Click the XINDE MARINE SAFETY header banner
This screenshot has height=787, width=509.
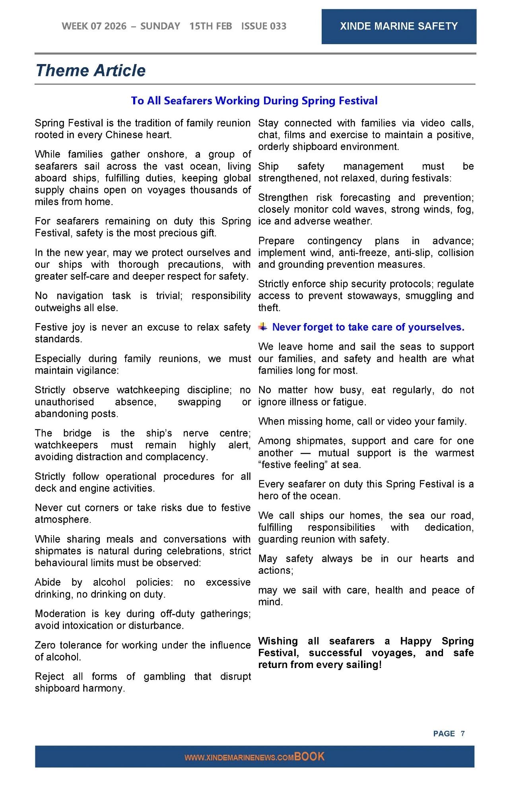(398, 26)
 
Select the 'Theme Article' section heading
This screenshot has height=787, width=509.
(91, 70)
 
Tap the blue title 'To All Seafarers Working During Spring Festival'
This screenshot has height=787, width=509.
(254, 101)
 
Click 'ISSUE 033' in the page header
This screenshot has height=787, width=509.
(264, 26)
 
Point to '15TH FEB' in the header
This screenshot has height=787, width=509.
(210, 26)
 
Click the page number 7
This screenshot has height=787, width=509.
(462, 733)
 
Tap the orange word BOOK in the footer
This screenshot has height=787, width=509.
(309, 756)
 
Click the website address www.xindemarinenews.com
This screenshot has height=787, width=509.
(239, 758)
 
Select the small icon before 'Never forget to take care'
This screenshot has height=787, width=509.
(263, 327)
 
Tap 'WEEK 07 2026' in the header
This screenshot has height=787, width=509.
(94, 26)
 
